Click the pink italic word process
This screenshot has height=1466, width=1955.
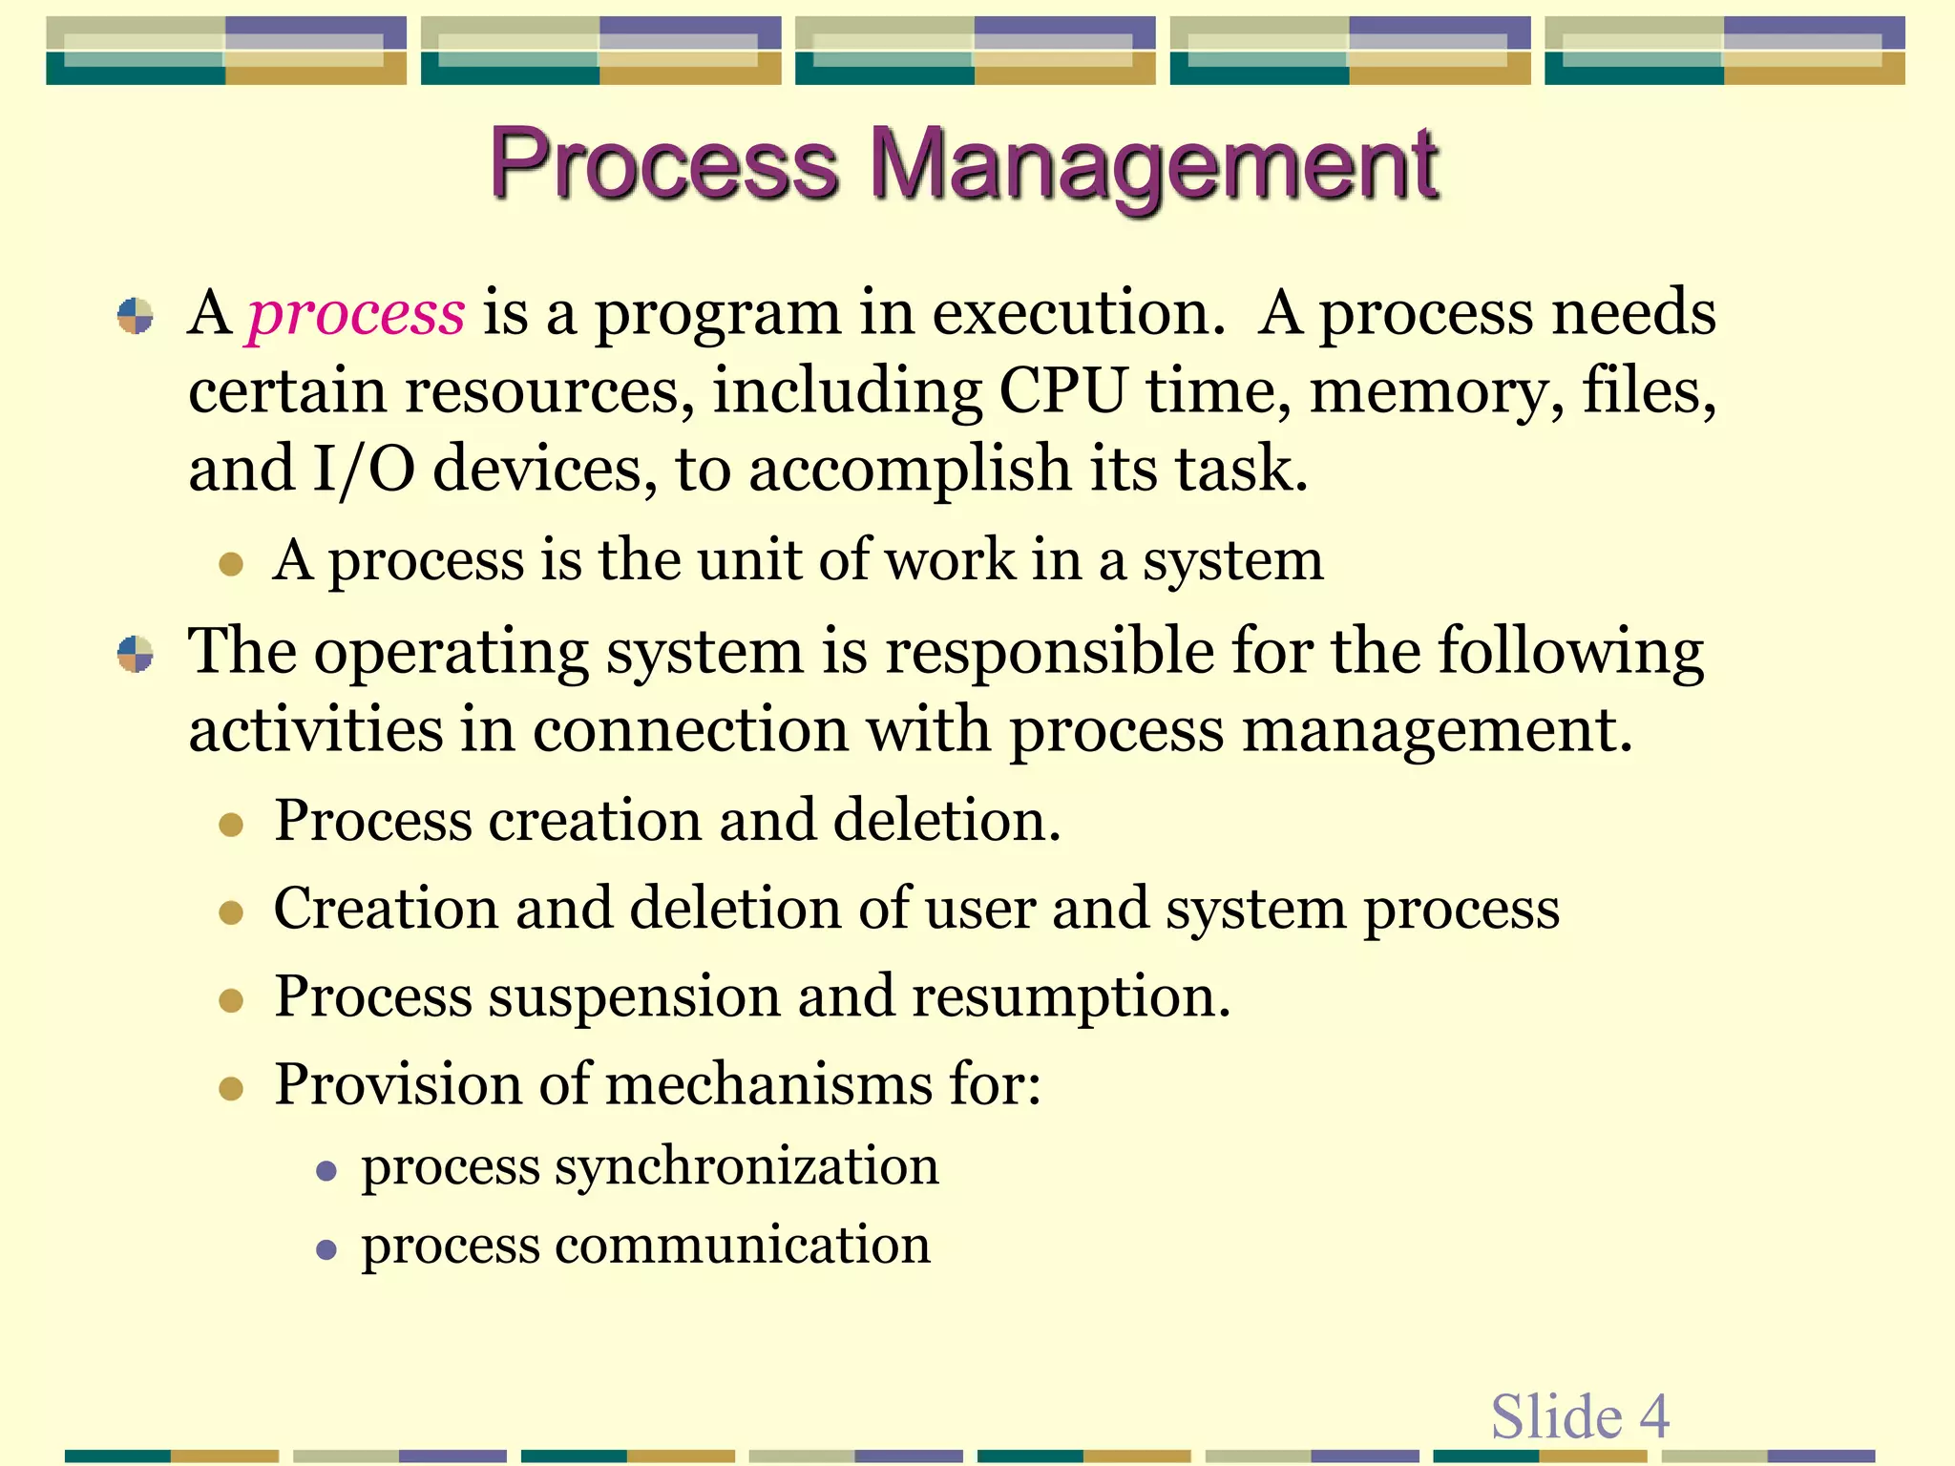click(x=356, y=313)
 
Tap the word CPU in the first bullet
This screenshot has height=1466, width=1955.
click(x=1062, y=390)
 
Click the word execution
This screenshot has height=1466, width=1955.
click(x=1078, y=313)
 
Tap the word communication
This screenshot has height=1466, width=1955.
click(x=742, y=1246)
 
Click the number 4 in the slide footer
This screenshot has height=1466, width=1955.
click(x=1654, y=1416)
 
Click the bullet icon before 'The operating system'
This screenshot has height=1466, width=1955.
click(x=135, y=655)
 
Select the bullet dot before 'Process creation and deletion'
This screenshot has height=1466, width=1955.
click(x=231, y=825)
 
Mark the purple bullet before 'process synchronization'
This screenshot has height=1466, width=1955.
click(x=326, y=1171)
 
